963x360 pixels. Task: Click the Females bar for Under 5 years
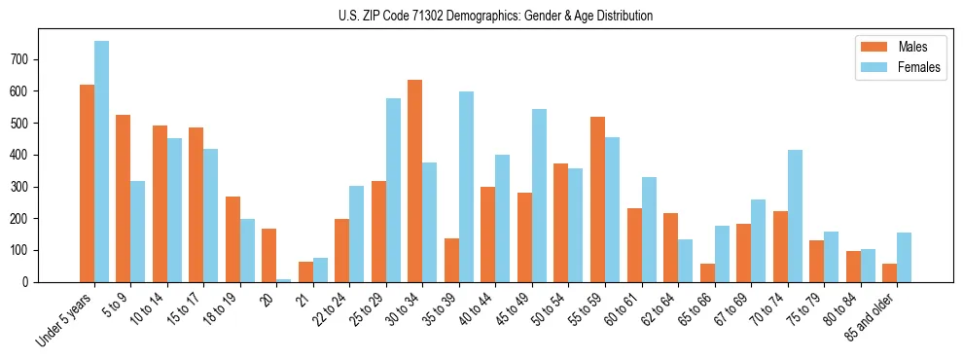[101, 162]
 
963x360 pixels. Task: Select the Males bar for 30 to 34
[414, 181]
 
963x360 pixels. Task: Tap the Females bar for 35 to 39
[466, 187]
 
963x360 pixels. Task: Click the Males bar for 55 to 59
[597, 199]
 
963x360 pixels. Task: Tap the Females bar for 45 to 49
[539, 196]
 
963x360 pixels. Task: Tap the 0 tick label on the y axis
[31, 282]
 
